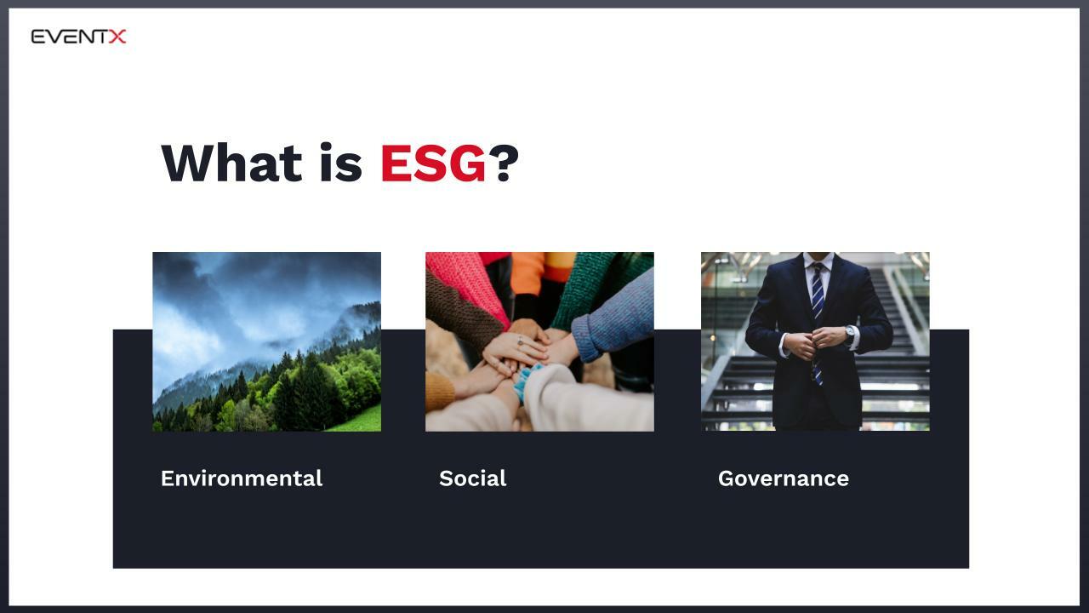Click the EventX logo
[78, 36]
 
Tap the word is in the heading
[340, 163]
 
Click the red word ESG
[432, 163]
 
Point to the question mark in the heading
[503, 163]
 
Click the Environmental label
[242, 478]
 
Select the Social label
[472, 478]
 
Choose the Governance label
[783, 478]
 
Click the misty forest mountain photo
[266, 341]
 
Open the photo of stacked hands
[539, 341]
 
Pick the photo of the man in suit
[815, 341]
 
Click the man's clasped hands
[814, 341]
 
